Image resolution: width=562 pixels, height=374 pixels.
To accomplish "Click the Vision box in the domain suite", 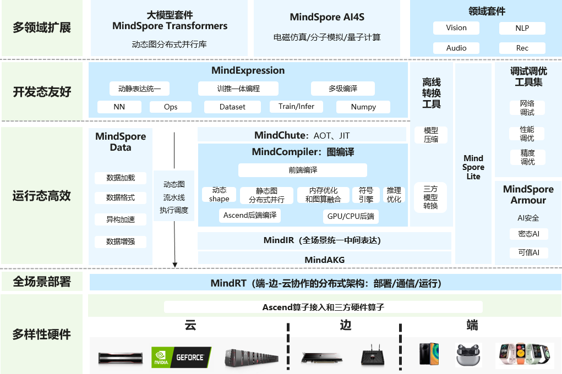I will point(456,28).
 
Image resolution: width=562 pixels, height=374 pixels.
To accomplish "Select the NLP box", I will point(522,28).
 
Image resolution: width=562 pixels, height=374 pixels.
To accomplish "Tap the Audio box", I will point(456,48).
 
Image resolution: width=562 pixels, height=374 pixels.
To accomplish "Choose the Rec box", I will point(522,48).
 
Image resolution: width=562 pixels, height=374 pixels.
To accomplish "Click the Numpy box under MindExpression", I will point(363,107).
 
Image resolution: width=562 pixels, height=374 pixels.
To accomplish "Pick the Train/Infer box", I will point(296,107).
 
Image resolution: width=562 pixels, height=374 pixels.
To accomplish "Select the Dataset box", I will point(232,107).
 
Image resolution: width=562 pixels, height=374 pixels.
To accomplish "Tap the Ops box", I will point(171,107).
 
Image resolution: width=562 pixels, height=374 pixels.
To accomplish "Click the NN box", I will point(119,107).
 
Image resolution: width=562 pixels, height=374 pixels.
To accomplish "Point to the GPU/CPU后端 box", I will point(351,216).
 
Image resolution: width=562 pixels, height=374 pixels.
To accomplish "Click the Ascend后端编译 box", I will point(250,216).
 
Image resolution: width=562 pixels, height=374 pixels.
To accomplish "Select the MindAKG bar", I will point(324,259).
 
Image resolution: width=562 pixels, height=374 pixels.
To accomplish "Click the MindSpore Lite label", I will point(473,167).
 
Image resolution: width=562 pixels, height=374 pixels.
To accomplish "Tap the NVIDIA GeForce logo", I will point(181,357).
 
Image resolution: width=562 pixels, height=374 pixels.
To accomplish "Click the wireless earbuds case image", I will point(468,356).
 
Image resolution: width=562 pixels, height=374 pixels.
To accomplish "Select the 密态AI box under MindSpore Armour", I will point(528,234).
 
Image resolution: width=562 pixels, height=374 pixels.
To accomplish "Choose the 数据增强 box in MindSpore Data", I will point(121,241).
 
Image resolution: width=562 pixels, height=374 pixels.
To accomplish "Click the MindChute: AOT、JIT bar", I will point(302,135).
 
